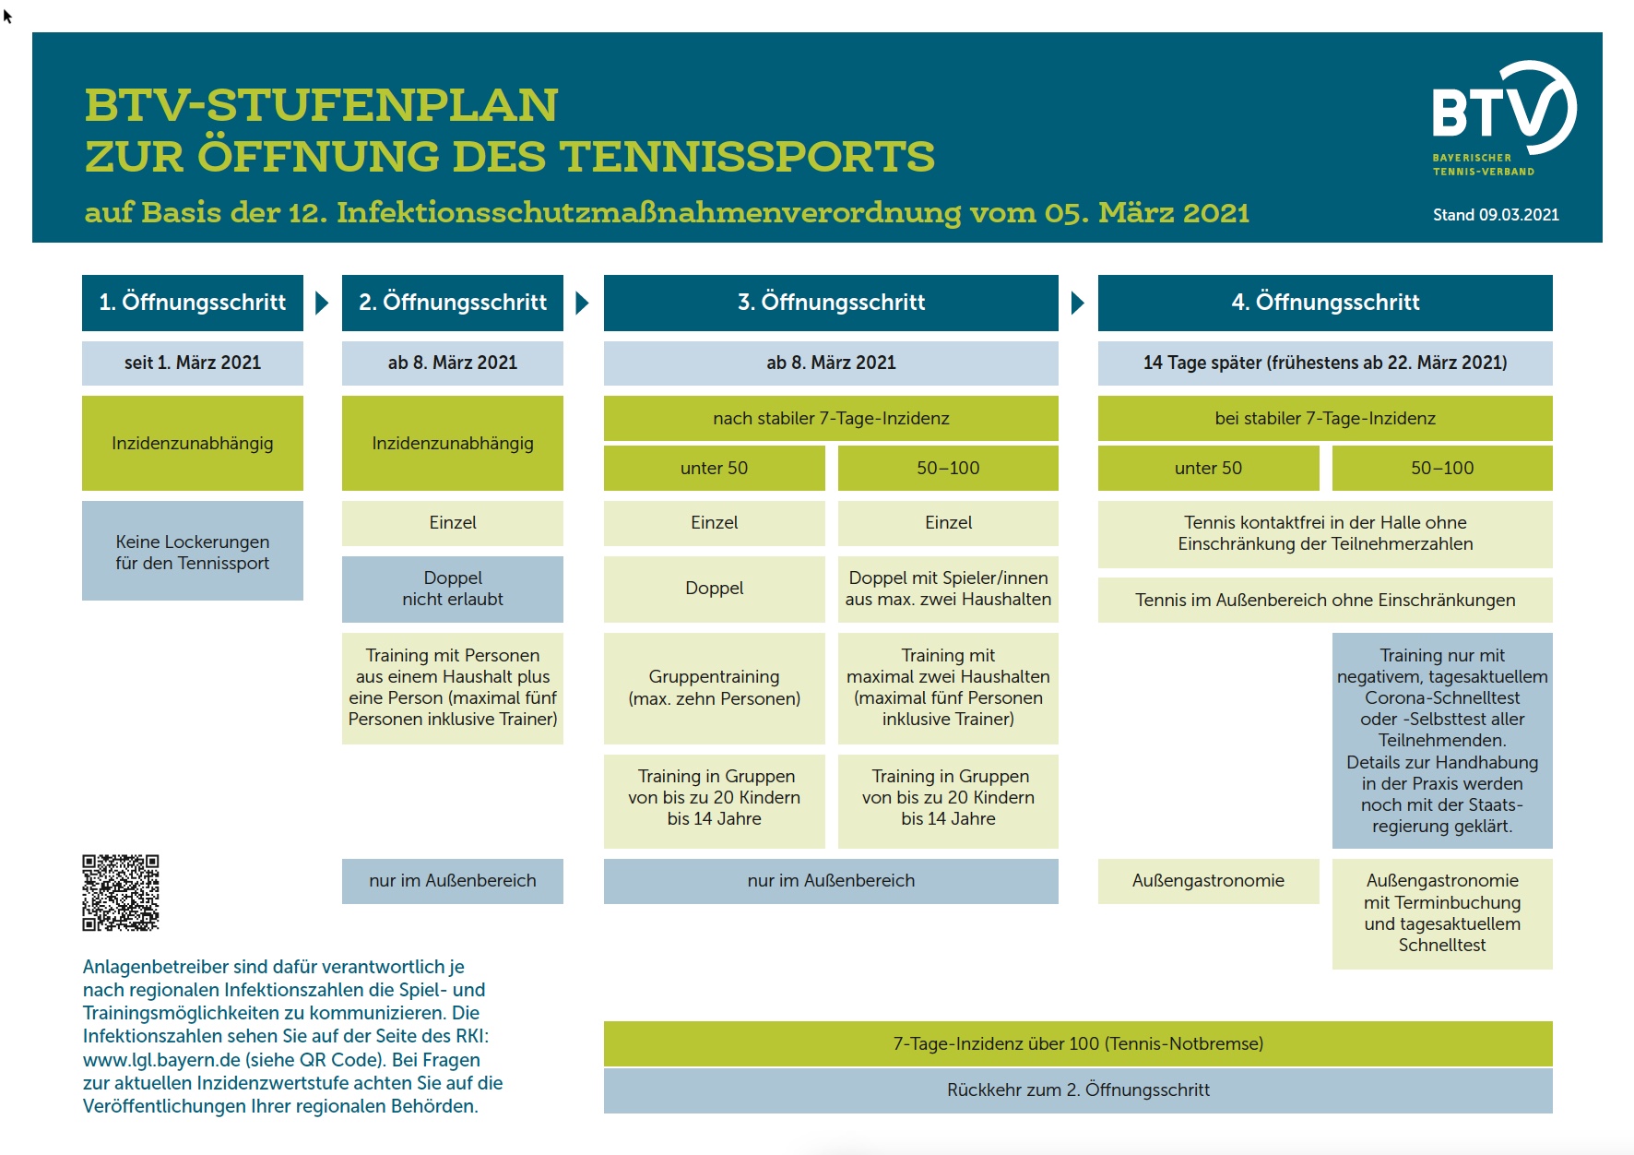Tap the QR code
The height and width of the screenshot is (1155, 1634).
click(x=121, y=892)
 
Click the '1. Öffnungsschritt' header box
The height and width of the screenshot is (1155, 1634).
click(x=193, y=303)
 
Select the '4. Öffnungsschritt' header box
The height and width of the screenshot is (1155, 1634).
click(x=1325, y=303)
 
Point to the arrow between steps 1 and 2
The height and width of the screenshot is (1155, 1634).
click(x=322, y=303)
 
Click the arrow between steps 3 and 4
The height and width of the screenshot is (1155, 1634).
click(x=1078, y=303)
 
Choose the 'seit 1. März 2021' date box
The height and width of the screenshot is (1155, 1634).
click(x=193, y=363)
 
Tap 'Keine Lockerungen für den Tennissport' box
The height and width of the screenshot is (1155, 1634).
click(x=193, y=551)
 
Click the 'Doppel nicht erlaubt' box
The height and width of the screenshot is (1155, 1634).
click(x=453, y=589)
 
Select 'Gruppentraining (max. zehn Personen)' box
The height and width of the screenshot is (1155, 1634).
click(x=715, y=688)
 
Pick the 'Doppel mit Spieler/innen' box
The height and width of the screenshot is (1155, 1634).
click(x=948, y=589)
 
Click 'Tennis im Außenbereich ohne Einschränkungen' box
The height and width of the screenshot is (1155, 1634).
click(x=1325, y=600)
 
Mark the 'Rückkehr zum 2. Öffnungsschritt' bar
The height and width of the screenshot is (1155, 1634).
click(x=1078, y=1090)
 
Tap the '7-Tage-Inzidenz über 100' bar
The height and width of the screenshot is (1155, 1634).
click(x=1078, y=1043)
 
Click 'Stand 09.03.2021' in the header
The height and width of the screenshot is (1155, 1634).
click(x=1496, y=215)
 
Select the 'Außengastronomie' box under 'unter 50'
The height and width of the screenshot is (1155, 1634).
click(x=1208, y=881)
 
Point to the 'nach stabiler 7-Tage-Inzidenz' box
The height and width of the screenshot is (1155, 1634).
click(x=831, y=418)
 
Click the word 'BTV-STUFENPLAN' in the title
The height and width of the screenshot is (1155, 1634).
click(x=321, y=105)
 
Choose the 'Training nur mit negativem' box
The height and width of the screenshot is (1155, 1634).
click(x=1442, y=741)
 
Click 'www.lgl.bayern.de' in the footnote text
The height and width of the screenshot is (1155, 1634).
click(x=161, y=1060)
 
